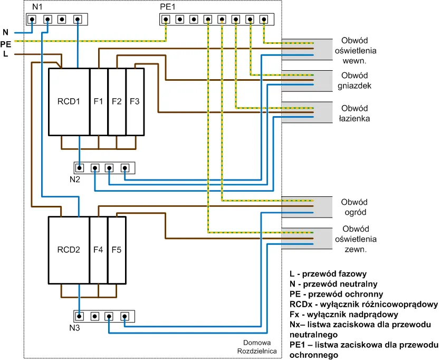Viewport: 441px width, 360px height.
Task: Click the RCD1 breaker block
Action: point(69,101)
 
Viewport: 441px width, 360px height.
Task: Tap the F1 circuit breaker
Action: point(99,101)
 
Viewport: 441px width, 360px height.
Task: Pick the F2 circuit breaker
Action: point(117,101)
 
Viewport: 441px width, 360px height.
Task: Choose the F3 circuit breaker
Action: point(135,101)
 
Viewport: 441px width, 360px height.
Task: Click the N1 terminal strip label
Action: point(38,7)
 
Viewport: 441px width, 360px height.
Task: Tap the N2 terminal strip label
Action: point(74,179)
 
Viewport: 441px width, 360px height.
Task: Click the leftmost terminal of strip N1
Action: point(32,20)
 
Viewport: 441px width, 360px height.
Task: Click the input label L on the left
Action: point(5,54)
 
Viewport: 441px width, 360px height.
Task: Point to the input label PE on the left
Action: point(6,44)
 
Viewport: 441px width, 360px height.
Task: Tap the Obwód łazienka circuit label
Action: point(354,113)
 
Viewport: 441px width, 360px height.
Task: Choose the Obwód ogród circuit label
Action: point(354,207)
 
